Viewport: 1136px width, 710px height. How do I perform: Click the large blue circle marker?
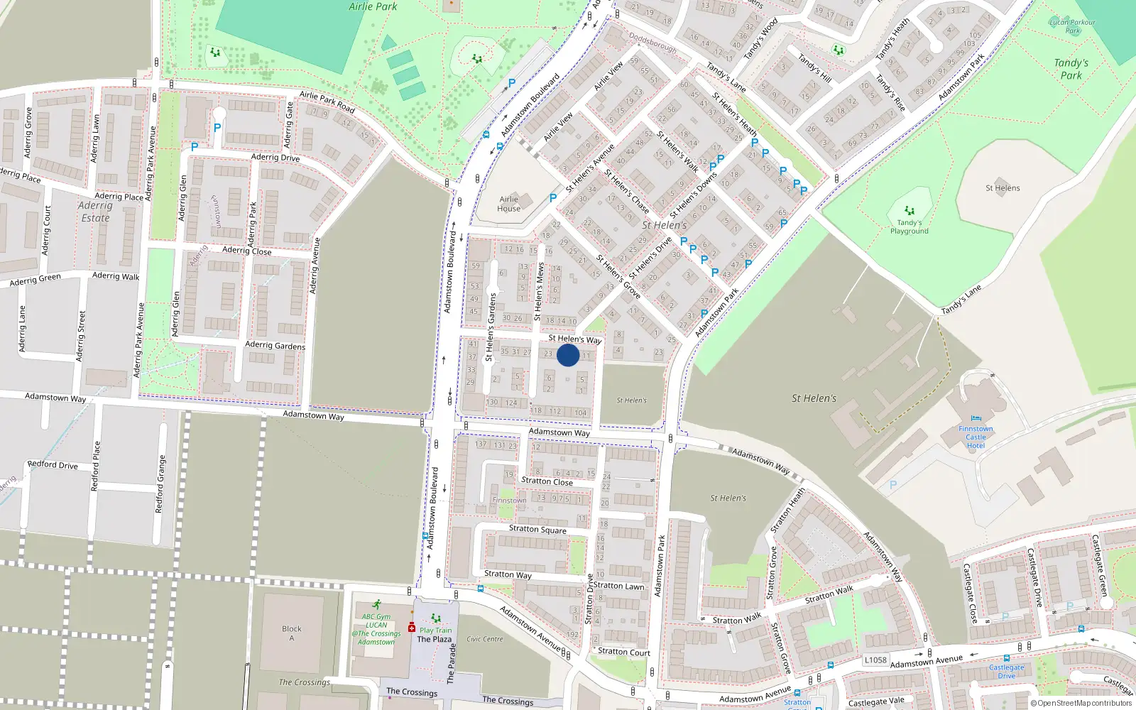(x=568, y=355)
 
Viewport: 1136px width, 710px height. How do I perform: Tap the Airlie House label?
(x=509, y=204)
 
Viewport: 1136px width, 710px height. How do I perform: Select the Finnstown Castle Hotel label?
(x=976, y=437)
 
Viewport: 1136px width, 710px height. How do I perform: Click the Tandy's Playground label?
(x=909, y=227)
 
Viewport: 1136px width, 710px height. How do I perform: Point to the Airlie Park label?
(x=373, y=6)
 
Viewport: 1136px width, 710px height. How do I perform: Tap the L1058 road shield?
(x=875, y=660)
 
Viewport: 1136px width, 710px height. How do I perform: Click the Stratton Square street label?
(x=537, y=529)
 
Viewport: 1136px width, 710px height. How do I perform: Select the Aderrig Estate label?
(x=95, y=212)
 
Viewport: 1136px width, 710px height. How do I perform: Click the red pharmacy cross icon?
(x=411, y=628)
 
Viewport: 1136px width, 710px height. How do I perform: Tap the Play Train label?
(x=435, y=630)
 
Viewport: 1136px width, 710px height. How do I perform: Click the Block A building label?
(x=291, y=633)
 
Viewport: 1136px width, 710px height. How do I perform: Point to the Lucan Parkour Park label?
(x=1072, y=26)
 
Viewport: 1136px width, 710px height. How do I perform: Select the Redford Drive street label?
(x=53, y=465)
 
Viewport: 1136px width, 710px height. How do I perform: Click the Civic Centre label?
(x=484, y=639)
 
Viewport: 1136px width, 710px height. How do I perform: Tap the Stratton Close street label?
(x=547, y=481)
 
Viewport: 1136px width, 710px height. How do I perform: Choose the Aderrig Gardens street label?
(x=275, y=346)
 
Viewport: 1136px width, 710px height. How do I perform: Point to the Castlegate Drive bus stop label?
(x=1007, y=671)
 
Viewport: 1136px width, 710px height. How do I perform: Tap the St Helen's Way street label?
(x=574, y=339)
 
